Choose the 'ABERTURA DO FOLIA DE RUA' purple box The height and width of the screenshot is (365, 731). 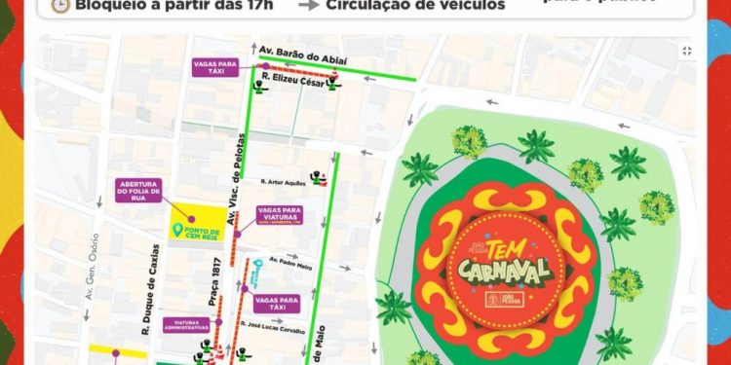pyautogui.click(x=137, y=191)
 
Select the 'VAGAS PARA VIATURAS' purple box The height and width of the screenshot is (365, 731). pyautogui.click(x=280, y=215)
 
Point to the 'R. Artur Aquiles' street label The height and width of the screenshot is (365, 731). pyautogui.click(x=283, y=181)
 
